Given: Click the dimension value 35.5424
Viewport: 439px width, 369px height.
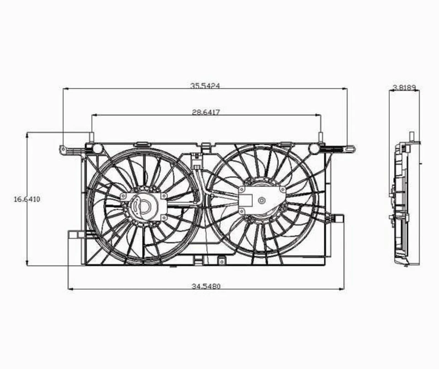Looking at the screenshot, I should coord(205,86).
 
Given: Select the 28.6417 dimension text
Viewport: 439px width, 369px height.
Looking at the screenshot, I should coord(206,112).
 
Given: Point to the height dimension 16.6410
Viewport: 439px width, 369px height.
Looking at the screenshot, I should coord(27,199).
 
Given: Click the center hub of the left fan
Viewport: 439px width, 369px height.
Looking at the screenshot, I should coord(144,206).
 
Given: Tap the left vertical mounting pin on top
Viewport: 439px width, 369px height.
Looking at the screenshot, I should coord(91,137).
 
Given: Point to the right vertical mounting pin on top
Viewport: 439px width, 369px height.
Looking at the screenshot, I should coord(321,137).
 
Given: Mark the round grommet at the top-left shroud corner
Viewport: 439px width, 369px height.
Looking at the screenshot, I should coord(97,148).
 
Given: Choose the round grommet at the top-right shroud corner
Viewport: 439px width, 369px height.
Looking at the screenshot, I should coord(314,148).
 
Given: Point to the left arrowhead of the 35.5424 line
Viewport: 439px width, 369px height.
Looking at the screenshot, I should coord(65,89).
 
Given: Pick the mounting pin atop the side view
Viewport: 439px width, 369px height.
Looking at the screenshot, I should coord(412,136).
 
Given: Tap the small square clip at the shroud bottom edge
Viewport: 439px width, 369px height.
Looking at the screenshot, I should coord(221,261).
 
